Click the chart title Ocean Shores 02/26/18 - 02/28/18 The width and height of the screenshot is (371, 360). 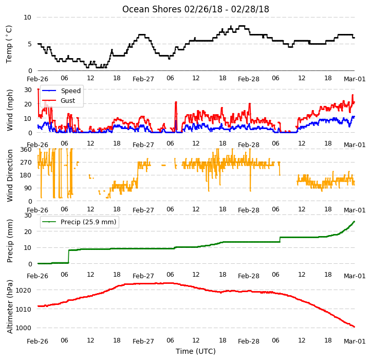(195, 9)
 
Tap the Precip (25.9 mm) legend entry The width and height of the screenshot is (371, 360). (79, 222)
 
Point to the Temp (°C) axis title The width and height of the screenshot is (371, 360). (9, 44)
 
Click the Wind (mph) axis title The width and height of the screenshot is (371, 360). (9, 110)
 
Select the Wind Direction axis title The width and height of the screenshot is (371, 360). (9, 175)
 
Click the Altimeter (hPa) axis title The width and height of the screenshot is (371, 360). (9, 307)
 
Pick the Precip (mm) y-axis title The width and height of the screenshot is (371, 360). (9, 241)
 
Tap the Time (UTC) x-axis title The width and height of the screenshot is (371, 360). (196, 351)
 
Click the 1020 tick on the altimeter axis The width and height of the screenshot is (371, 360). (24, 291)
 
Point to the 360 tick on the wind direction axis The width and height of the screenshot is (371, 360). (26, 150)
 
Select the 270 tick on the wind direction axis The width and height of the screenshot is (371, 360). (26, 163)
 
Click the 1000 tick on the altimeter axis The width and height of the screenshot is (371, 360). (24, 328)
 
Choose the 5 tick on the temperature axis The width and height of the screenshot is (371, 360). (30, 44)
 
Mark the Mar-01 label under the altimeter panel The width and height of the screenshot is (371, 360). (355, 341)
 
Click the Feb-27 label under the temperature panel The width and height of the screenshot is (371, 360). (143, 79)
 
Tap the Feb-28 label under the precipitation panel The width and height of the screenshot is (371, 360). (248, 276)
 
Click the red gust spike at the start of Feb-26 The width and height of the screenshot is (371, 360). (39, 90)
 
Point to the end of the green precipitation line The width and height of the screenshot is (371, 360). (354, 222)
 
